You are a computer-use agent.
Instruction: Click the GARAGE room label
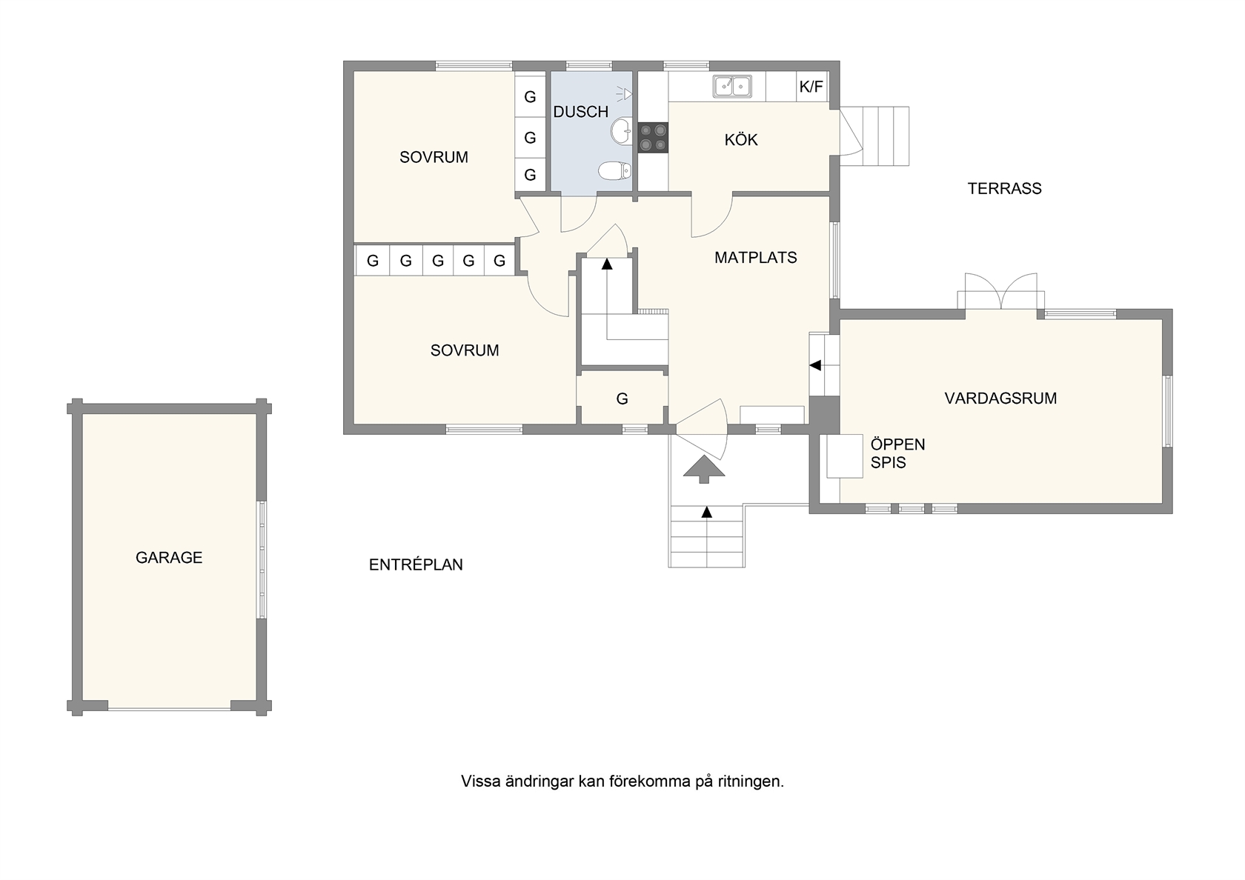169,557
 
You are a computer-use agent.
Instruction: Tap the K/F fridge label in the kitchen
811,87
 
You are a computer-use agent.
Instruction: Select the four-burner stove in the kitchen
652,137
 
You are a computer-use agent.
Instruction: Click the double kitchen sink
732,87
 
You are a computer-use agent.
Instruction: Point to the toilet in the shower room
615,170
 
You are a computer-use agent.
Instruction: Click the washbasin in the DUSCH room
621,132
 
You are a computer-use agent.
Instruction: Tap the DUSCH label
581,113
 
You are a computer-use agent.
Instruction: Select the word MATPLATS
755,257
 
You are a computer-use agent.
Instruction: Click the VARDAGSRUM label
1000,398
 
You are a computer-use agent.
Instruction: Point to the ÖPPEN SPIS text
897,453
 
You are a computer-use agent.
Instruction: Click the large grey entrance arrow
704,469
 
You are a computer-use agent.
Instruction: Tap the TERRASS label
1004,189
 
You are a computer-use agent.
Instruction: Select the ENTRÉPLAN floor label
416,564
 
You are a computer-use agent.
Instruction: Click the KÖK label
741,139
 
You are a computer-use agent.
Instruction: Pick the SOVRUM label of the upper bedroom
434,157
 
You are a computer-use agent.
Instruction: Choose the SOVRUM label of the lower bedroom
465,350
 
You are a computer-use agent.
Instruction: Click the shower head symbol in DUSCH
625,95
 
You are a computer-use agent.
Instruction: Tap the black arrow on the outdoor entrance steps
706,512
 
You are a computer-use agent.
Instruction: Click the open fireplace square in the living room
844,456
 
